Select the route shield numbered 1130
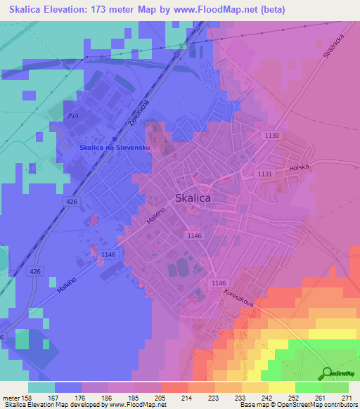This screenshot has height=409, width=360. tap(272, 136)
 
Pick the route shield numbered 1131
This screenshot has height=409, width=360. tap(265, 174)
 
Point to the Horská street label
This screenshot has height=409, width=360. tap(299, 169)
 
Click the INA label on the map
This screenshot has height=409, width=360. tap(72, 115)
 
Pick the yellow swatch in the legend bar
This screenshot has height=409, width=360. tap(281, 387)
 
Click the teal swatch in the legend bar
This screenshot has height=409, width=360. tap(41, 387)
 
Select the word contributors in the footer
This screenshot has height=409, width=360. tap(340, 405)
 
